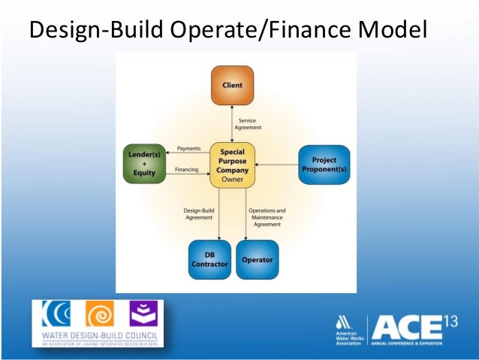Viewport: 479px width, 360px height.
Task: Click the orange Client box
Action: (x=232, y=85)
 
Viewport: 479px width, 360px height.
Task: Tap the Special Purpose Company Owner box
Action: (x=233, y=165)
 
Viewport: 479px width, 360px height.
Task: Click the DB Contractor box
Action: (x=209, y=259)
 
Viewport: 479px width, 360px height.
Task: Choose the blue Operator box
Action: (x=257, y=259)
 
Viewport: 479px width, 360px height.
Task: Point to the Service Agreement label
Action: (x=249, y=124)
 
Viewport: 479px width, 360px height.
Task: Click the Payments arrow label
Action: (x=188, y=148)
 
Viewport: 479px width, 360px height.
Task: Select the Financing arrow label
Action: (x=187, y=170)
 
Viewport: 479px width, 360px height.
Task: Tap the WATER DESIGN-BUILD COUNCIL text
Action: (x=98, y=337)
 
